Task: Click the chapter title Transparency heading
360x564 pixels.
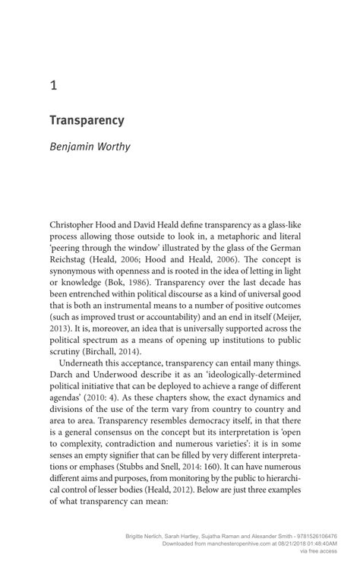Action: pos(87,120)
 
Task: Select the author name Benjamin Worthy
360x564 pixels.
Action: pos(90,146)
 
